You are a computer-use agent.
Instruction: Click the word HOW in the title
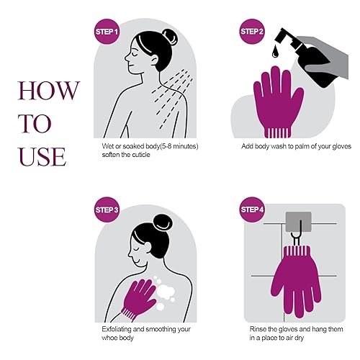pos(49,91)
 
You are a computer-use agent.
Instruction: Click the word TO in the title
pos(35,123)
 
